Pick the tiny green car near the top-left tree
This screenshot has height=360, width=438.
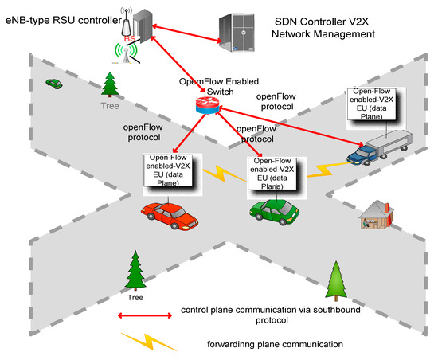coord(54,82)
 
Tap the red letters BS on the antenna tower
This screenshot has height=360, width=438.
coord(129,37)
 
